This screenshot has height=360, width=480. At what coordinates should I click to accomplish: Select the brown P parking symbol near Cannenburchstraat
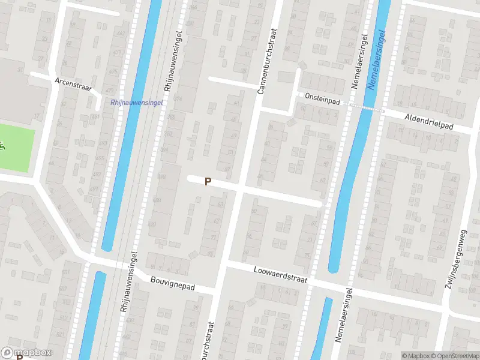point(208,181)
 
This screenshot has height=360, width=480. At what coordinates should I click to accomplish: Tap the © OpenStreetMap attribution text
point(454,356)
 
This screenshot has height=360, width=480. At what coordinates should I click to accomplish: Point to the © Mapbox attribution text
point(415,356)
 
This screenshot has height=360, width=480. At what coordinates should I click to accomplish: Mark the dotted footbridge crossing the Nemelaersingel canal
point(367,108)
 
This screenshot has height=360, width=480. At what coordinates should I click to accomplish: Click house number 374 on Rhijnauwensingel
point(178,98)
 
